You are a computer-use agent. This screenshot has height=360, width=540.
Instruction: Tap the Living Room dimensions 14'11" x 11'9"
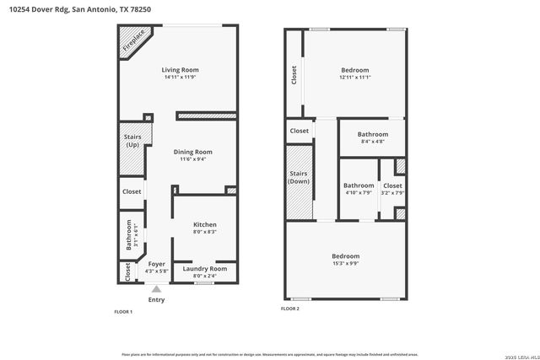pos(180,78)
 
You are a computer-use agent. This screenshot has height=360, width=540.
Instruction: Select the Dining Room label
pos(193,151)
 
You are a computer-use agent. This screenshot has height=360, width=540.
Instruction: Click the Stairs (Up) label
pos(132,141)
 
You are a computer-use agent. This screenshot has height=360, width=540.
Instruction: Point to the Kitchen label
pos(205,224)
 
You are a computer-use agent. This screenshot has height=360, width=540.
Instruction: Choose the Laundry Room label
pos(205,268)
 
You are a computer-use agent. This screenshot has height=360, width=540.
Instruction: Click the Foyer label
pos(156,264)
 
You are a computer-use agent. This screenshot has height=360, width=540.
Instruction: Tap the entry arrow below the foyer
pos(156,288)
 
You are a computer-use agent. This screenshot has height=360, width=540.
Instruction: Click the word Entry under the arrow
pos(156,299)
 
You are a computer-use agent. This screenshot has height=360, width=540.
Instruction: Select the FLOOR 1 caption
pos(123,312)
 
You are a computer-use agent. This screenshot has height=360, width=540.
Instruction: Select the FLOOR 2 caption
pos(290,309)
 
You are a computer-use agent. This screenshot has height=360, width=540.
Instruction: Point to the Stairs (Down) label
pos(299,178)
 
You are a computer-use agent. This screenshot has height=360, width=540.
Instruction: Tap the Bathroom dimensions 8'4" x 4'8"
pos(372,142)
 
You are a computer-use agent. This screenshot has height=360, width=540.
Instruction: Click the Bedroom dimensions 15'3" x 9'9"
pos(345,264)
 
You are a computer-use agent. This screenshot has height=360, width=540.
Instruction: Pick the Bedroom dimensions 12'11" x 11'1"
pos(355,78)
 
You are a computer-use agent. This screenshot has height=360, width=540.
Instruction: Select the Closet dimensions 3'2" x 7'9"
pos(392,193)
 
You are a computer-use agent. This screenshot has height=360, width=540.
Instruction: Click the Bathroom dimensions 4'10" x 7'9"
pos(359,193)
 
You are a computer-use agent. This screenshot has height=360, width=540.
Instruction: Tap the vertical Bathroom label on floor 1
pos(129,234)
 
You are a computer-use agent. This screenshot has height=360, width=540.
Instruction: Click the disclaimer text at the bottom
pos(269,354)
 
